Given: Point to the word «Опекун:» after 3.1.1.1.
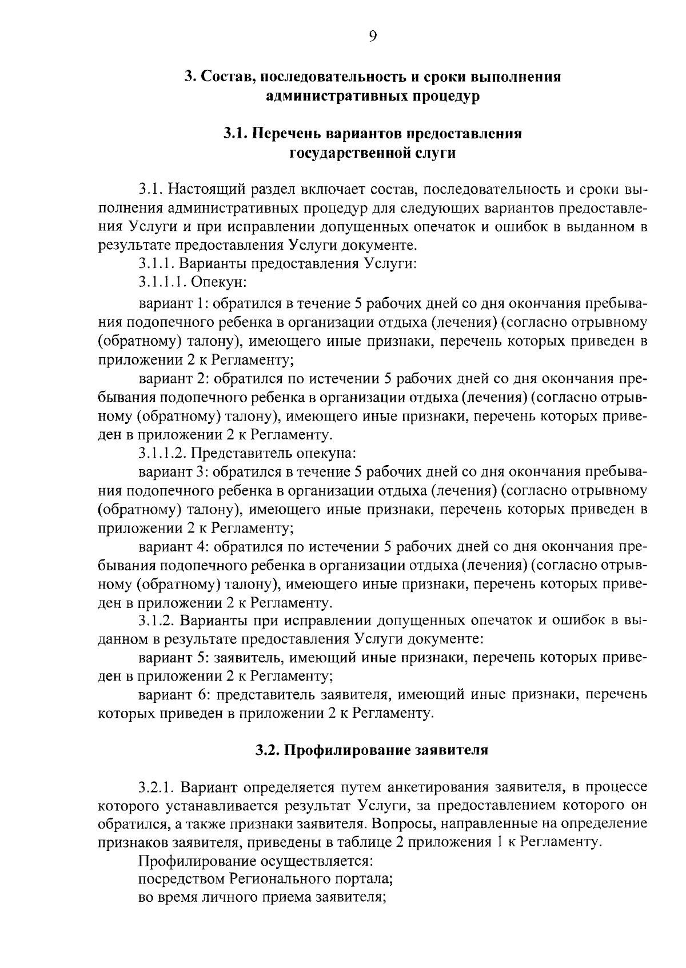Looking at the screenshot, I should click(218, 283).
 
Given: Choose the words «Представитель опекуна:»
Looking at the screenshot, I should click(273, 454).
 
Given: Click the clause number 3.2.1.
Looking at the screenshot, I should click(158, 788).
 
